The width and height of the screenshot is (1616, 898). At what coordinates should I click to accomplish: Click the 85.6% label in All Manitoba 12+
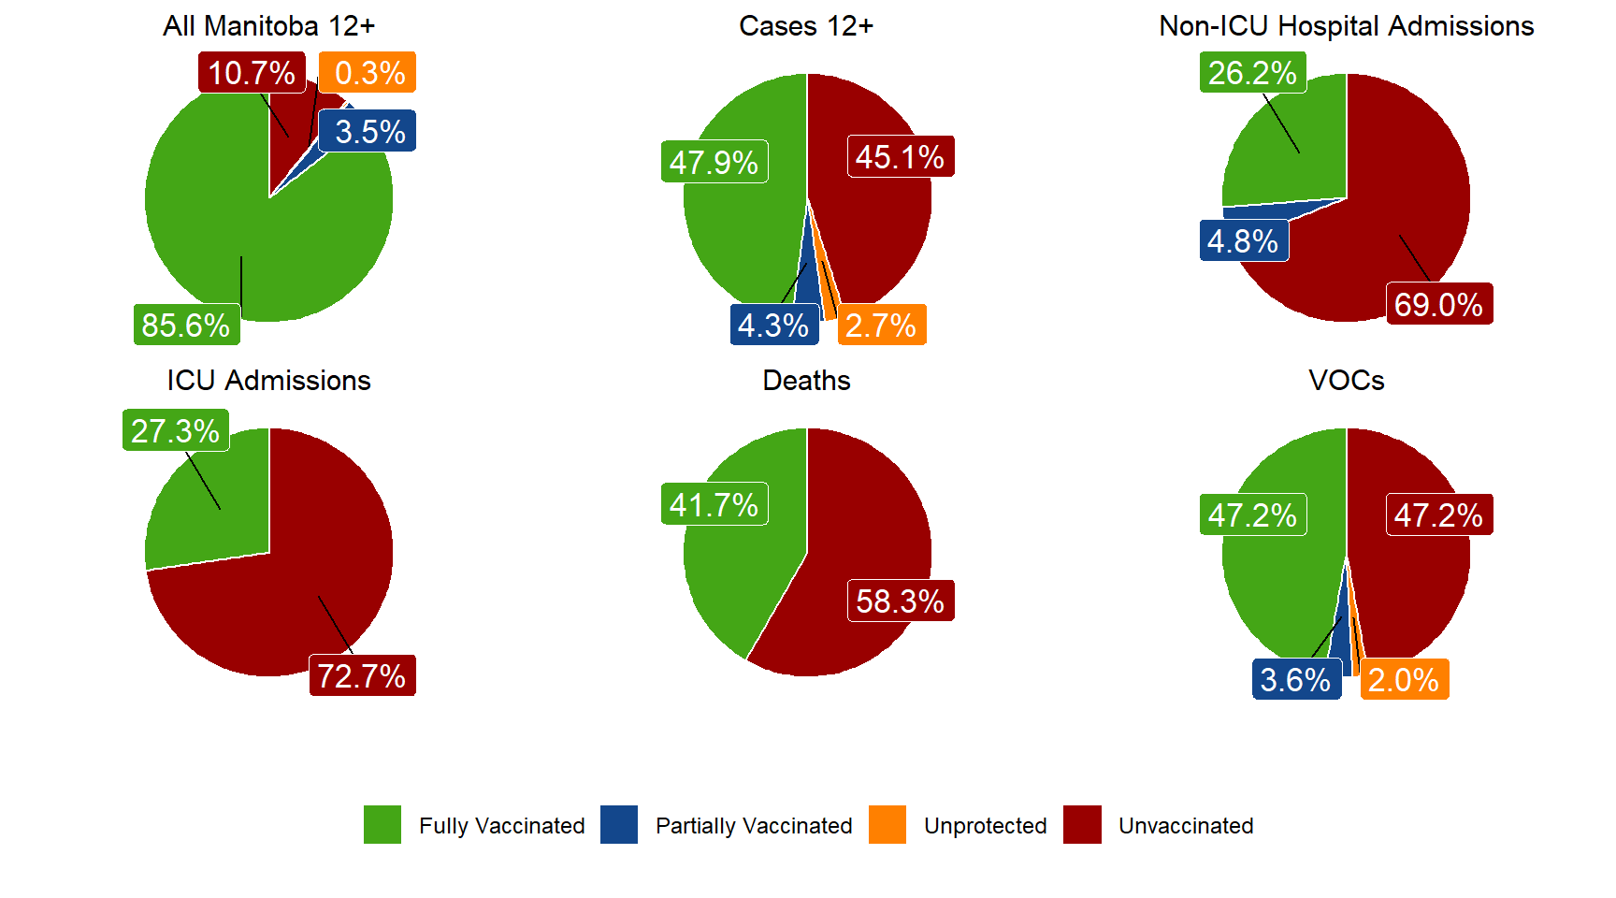pyautogui.click(x=186, y=325)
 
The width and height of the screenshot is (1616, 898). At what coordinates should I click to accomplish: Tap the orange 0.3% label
pyautogui.click(x=368, y=73)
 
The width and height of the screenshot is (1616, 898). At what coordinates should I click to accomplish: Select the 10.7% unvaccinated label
pyautogui.click(x=251, y=73)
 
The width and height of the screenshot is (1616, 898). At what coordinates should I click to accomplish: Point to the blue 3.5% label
pyautogui.click(x=368, y=132)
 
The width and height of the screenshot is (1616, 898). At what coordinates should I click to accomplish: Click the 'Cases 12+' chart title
pyautogui.click(x=805, y=26)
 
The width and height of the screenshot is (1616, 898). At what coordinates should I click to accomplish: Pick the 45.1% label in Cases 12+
pyautogui.click(x=900, y=157)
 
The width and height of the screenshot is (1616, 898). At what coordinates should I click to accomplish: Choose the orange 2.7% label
pyautogui.click(x=881, y=325)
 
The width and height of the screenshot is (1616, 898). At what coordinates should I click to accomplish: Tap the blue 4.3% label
pyautogui.click(x=773, y=325)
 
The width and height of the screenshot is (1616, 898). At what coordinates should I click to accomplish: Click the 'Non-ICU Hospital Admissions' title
pyautogui.click(x=1346, y=26)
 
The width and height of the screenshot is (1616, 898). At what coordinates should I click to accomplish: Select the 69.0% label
pyautogui.click(x=1438, y=304)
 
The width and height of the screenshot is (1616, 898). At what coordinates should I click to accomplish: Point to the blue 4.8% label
pyautogui.click(x=1243, y=241)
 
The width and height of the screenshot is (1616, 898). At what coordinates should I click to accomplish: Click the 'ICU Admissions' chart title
pyautogui.click(x=268, y=381)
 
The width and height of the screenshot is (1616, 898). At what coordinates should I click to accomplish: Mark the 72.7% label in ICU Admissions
pyautogui.click(x=362, y=675)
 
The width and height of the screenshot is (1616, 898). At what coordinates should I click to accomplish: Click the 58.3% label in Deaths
pyautogui.click(x=900, y=601)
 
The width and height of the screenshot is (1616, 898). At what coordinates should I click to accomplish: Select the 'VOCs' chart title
pyautogui.click(x=1346, y=381)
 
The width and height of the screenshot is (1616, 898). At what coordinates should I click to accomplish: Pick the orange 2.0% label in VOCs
pyautogui.click(x=1404, y=679)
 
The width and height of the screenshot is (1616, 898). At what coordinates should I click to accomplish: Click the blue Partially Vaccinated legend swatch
pyautogui.click(x=619, y=825)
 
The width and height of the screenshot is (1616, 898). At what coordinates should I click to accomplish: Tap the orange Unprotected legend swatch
pyautogui.click(x=887, y=825)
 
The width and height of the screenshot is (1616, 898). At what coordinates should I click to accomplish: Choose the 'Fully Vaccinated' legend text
pyautogui.click(x=501, y=826)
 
